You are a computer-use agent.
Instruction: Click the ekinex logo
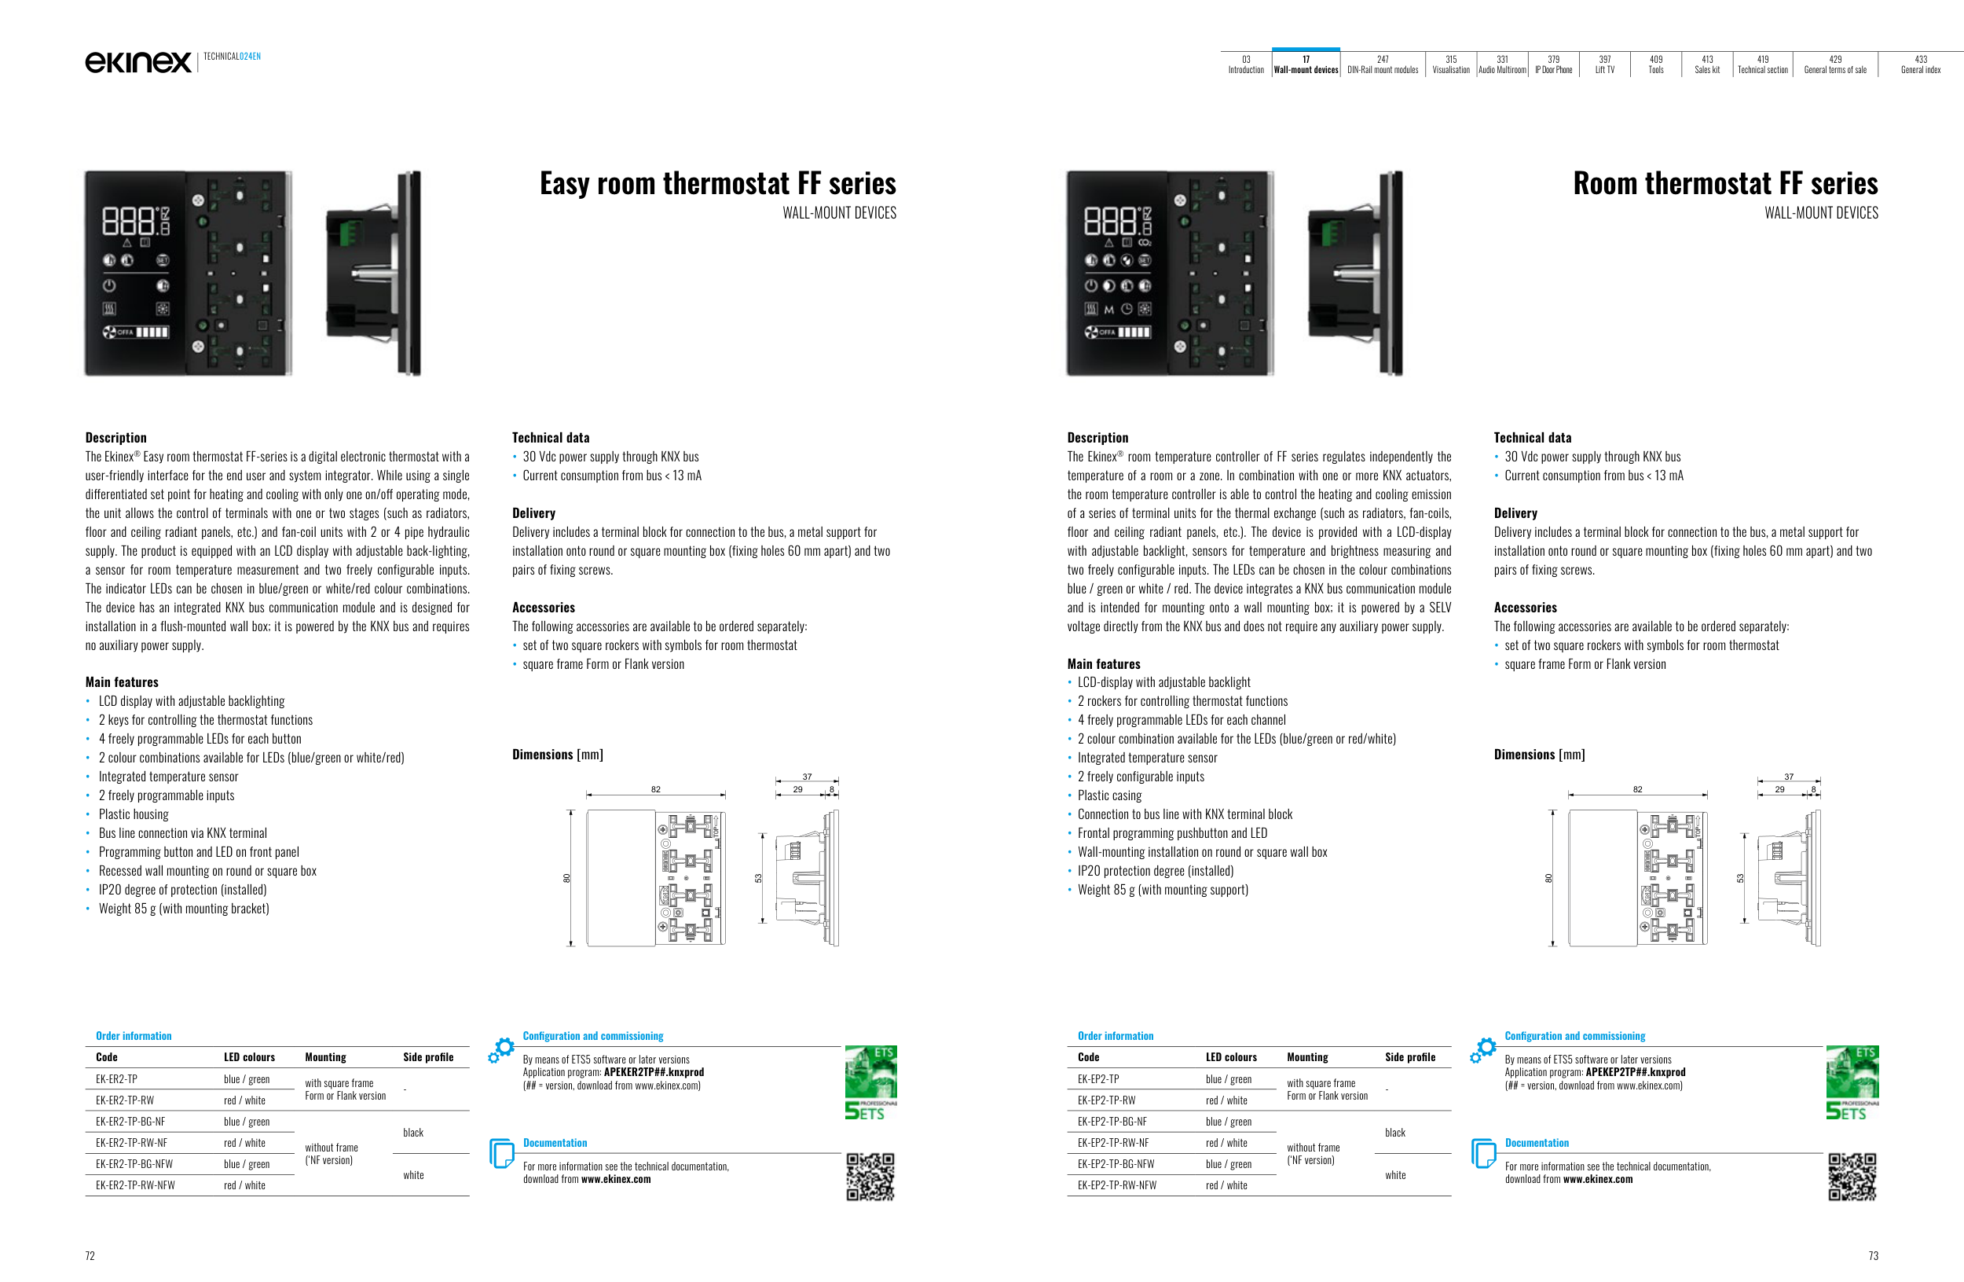point(137,62)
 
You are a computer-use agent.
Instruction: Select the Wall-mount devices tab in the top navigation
point(1306,64)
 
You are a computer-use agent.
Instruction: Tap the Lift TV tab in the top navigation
point(1604,64)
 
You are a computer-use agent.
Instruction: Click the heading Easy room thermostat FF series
point(717,183)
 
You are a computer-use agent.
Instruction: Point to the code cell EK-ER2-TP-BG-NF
point(130,1122)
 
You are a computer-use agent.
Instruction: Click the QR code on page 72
point(870,1177)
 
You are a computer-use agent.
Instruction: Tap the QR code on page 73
point(1852,1177)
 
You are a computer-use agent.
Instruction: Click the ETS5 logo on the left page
point(870,1082)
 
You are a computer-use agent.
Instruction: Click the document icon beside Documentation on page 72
point(501,1153)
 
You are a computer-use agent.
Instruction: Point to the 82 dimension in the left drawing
point(655,789)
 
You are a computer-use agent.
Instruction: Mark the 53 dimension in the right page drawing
point(1740,878)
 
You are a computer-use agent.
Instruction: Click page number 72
point(90,1255)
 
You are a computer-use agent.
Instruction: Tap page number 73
point(1873,1255)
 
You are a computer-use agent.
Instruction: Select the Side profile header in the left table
point(427,1057)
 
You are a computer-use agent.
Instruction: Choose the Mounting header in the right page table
point(1307,1057)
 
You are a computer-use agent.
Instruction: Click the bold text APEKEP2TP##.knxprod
point(1635,1072)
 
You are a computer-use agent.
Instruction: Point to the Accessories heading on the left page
point(543,608)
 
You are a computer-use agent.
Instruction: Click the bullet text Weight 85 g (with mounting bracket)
point(183,909)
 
